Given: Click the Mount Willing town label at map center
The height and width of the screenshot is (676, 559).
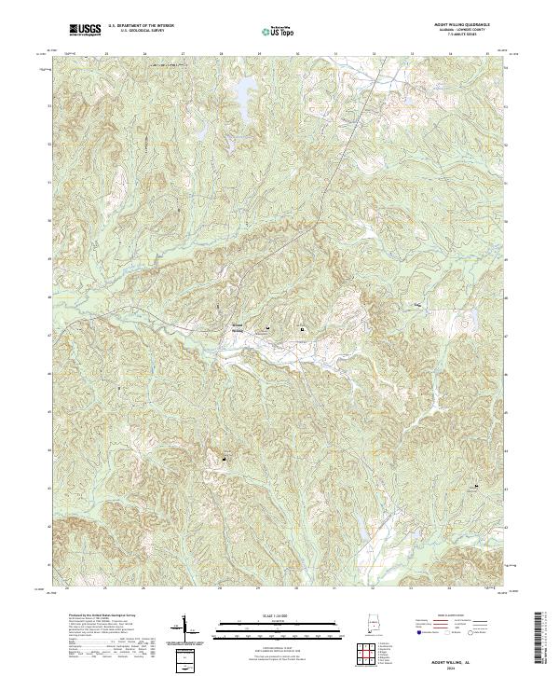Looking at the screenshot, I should [236, 326].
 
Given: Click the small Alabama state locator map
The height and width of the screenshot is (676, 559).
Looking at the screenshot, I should [373, 624].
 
